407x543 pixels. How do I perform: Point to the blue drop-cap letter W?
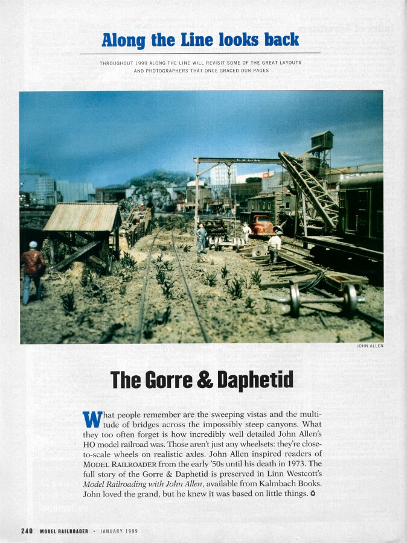90,419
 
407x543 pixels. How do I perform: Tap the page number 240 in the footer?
27,531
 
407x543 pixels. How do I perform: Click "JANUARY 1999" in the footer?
119,531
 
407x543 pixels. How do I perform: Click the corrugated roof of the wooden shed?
82,218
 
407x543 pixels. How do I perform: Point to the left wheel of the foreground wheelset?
295,300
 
